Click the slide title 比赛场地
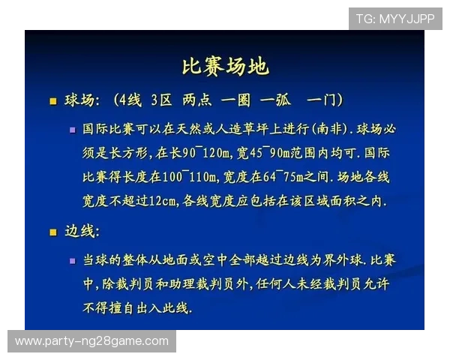point(225,66)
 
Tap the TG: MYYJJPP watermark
point(394,18)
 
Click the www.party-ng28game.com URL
point(91,341)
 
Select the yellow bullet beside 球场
point(52,100)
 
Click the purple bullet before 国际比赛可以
point(73,130)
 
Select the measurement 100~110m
point(192,178)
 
